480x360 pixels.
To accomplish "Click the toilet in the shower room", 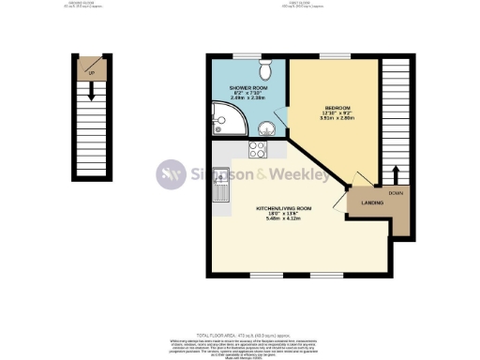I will (x=265, y=68).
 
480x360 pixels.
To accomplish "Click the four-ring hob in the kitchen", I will (x=258, y=148).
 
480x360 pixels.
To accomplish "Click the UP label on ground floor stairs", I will (x=91, y=70).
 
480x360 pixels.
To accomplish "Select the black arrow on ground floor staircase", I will (x=92, y=91).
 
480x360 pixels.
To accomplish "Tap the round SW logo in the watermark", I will (x=171, y=174).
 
